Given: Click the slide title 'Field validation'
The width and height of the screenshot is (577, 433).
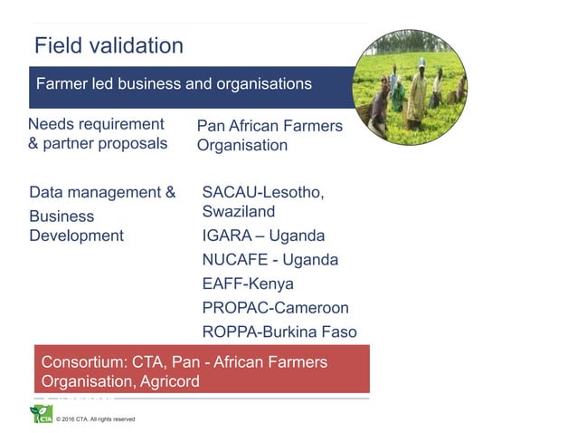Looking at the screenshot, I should (109, 45).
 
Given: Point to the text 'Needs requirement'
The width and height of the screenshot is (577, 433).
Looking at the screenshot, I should (96, 124).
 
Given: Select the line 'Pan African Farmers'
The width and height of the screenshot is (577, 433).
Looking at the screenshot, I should (270, 126).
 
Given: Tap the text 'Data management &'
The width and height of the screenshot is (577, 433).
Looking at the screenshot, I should (102, 192).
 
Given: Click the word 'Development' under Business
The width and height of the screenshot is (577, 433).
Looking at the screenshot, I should (77, 236).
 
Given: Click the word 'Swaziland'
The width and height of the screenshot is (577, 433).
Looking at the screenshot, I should (239, 212).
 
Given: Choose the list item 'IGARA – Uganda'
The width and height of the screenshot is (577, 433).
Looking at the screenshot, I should (263, 236).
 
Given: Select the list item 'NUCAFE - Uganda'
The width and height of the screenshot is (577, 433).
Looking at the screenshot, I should (270, 260).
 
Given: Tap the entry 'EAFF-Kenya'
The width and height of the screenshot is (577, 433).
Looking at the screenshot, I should (248, 284).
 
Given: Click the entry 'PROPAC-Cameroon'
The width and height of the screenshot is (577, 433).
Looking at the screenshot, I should (275, 308).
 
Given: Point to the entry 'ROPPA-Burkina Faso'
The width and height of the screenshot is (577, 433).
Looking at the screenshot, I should (279, 332).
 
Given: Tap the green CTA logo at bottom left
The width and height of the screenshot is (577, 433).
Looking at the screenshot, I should (42, 415).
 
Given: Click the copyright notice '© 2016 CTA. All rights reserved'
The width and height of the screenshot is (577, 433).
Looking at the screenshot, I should (96, 419).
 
